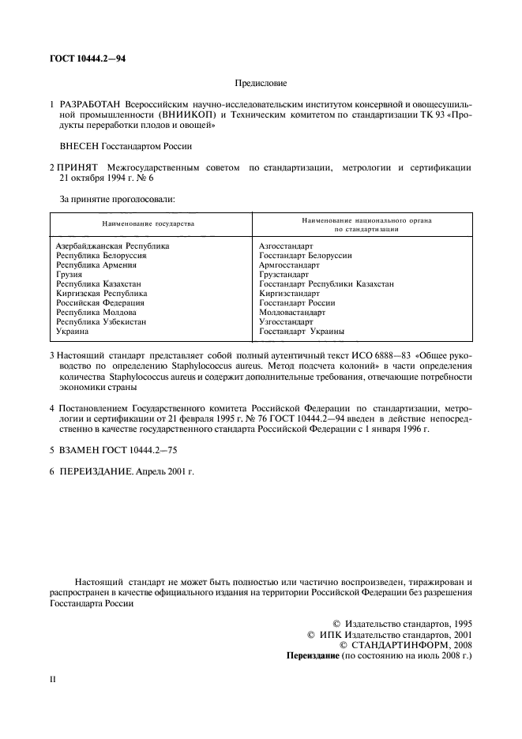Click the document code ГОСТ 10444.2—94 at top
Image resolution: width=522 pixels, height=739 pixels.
coord(87,58)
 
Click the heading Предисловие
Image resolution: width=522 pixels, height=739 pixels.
coord(261,82)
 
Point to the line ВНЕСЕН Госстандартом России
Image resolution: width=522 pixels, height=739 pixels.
coord(126,145)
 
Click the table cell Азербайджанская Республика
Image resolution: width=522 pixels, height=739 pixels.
coord(112,246)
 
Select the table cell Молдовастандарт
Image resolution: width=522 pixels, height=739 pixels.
coord(291,313)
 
